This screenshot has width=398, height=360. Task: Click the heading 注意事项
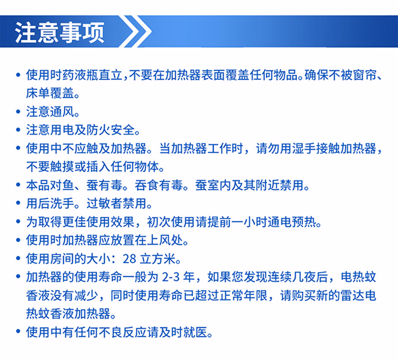coord(60,32)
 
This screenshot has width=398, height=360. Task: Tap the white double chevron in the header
coord(135,31)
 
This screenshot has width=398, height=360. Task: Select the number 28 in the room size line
coord(129,259)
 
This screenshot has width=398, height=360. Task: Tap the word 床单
coord(38,93)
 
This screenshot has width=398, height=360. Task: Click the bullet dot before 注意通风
coord(18,111)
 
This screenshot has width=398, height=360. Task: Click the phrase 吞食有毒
coord(158,186)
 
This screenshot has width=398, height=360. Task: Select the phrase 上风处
coord(165,240)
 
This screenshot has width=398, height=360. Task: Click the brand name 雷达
coord(352,296)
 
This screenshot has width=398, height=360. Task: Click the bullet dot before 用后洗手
coord(18,204)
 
